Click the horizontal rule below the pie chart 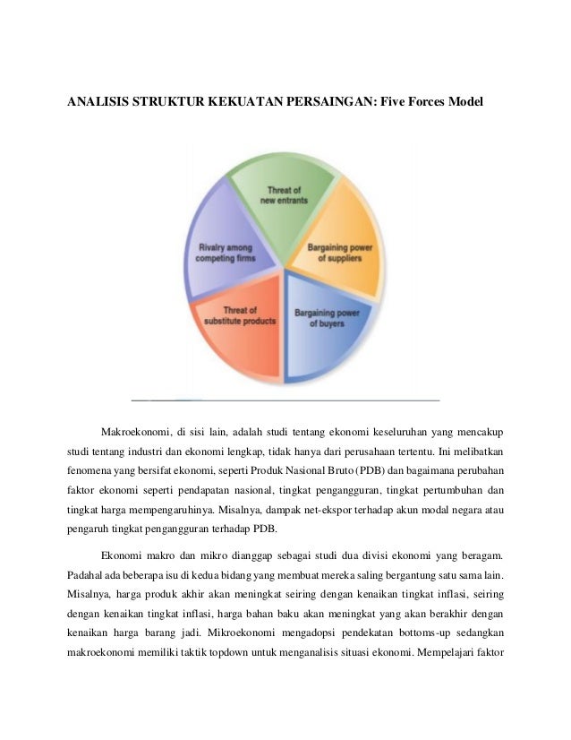[285, 399]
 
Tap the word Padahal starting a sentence [87, 570]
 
